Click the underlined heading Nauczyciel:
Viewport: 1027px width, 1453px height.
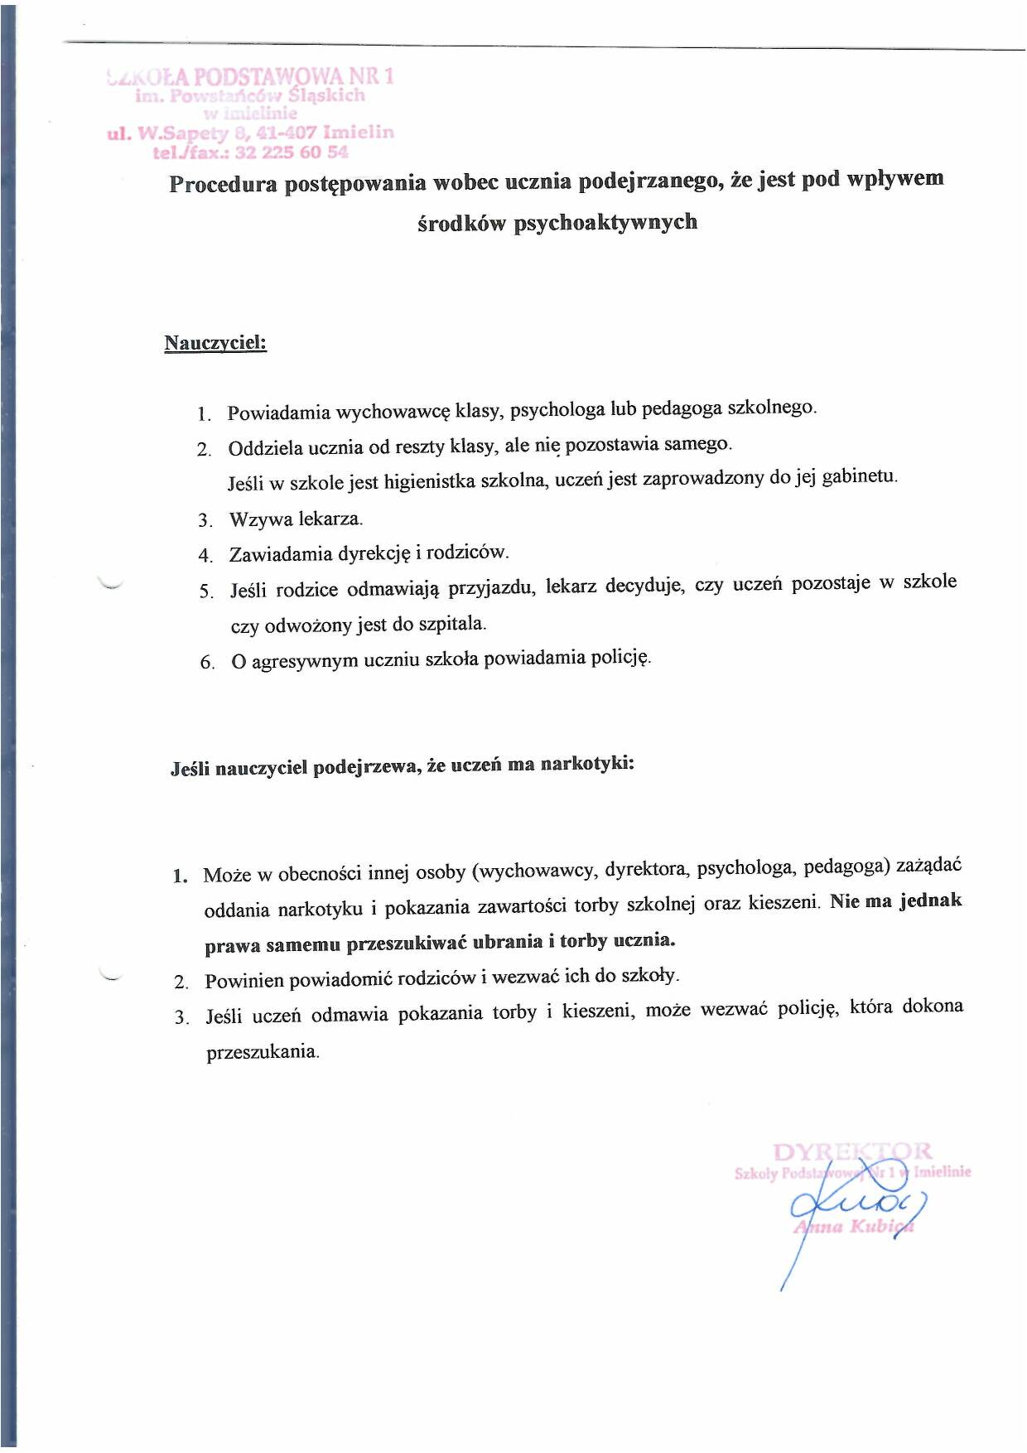pos(215,343)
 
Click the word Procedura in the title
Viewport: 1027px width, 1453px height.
pos(223,184)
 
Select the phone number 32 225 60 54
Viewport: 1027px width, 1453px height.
pos(292,152)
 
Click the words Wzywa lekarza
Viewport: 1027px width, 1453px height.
pos(296,519)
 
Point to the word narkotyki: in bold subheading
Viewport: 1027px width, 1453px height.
pos(587,764)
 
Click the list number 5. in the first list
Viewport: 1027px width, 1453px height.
pos(206,591)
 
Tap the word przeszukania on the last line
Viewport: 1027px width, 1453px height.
pos(262,1052)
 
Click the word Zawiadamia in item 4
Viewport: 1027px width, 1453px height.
pos(279,554)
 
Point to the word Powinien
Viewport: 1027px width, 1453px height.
pos(244,981)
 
